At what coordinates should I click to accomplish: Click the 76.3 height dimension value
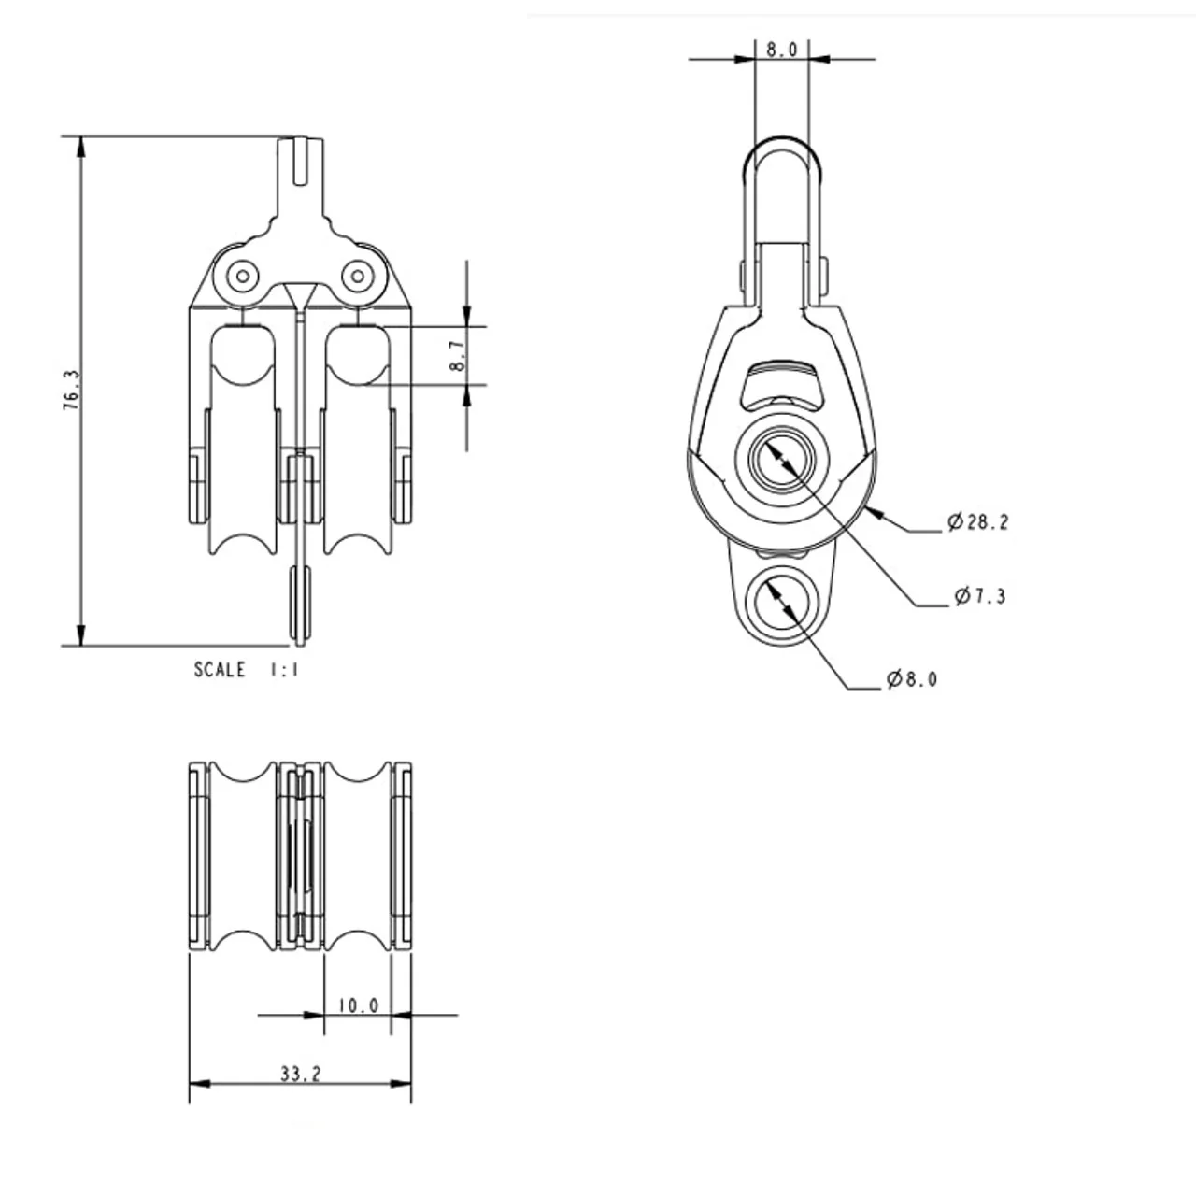click(72, 390)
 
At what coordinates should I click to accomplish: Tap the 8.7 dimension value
click(458, 356)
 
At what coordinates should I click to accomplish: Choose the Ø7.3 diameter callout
click(981, 596)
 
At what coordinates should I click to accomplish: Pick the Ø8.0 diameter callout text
click(912, 679)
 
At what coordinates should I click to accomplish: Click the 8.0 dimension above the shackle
click(781, 50)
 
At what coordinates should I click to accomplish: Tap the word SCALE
click(220, 670)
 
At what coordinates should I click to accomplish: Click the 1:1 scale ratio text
click(284, 670)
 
